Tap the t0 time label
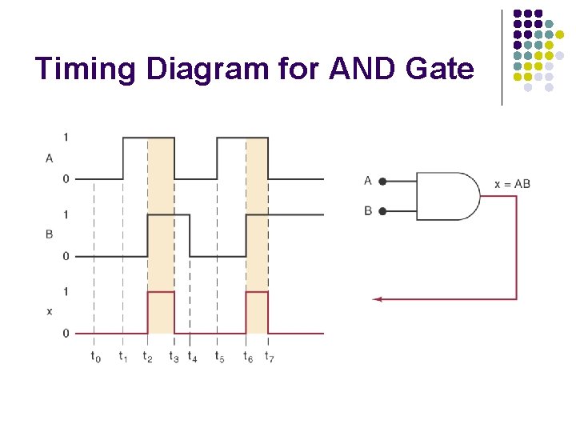pyautogui.click(x=96, y=356)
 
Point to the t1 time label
pyautogui.click(x=123, y=356)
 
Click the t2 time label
pyautogui.click(x=147, y=356)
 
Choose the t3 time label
pyautogui.click(x=174, y=356)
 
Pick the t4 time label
pyautogui.click(x=192, y=356)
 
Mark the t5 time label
pyautogui.click(x=219, y=356)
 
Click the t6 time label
pyautogui.click(x=249, y=356)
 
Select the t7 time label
pyautogui.click(x=270, y=356)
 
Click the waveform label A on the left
pyautogui.click(x=50, y=158)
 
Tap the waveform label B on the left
pyautogui.click(x=50, y=236)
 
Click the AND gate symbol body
pyautogui.click(x=446, y=196)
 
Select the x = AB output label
pyautogui.click(x=512, y=184)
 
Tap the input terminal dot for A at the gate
pyautogui.click(x=383, y=182)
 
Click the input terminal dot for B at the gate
pyautogui.click(x=383, y=211)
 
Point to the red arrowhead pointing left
pyautogui.click(x=377, y=299)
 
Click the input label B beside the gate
pyautogui.click(x=368, y=211)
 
